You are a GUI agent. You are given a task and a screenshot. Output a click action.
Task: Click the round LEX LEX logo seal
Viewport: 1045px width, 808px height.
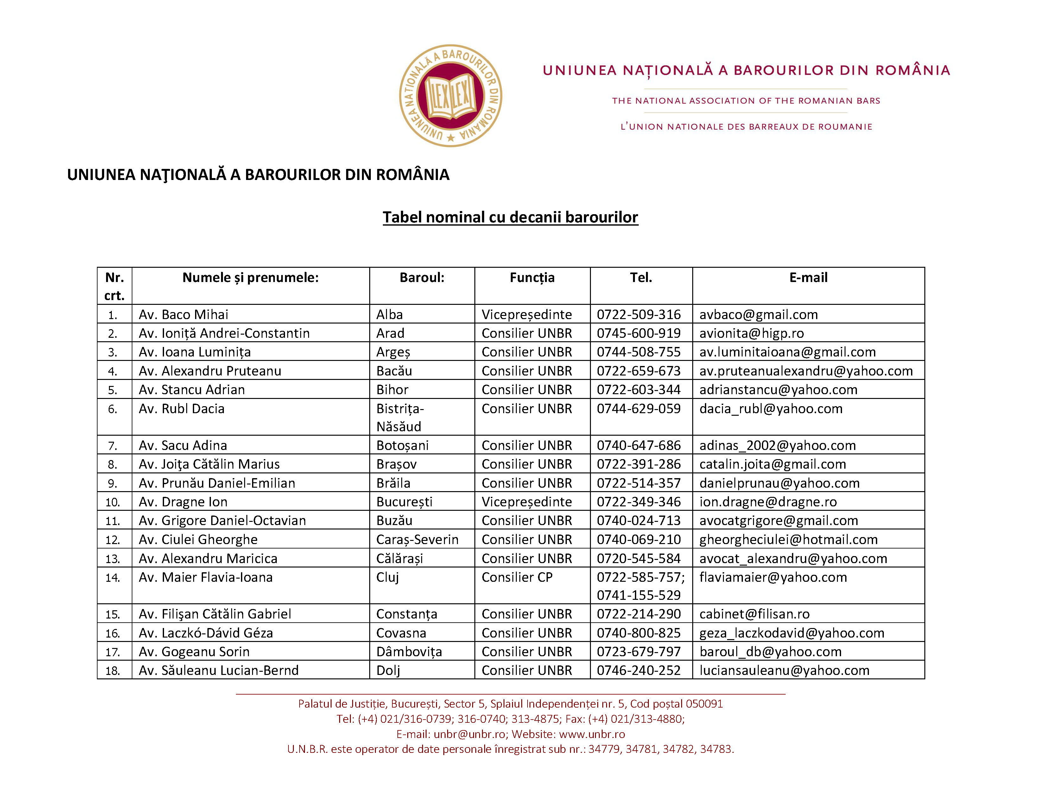tap(450, 96)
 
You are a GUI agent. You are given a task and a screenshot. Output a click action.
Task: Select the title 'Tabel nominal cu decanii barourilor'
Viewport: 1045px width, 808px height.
tap(510, 217)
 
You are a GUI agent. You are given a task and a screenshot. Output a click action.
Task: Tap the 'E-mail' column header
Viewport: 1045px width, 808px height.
tap(808, 278)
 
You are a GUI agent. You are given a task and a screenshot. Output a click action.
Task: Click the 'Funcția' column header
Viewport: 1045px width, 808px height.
tap(532, 278)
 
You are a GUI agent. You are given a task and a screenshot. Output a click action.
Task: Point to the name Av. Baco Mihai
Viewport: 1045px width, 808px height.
tap(183, 315)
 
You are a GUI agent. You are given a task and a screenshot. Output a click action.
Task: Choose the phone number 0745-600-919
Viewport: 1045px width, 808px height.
tap(638, 333)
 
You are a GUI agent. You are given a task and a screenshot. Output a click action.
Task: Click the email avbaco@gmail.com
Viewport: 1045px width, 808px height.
tap(758, 315)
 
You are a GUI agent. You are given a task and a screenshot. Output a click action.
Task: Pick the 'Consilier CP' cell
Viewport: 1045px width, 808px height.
tap(517, 577)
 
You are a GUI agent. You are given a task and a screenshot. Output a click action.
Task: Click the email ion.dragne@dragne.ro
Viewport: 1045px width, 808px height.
tap(768, 502)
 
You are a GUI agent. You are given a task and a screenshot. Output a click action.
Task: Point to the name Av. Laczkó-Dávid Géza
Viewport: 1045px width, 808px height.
tap(206, 633)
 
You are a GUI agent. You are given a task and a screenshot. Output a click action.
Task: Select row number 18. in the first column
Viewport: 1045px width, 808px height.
tap(112, 670)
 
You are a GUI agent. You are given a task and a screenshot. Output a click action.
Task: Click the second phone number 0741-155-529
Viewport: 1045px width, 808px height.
tap(638, 595)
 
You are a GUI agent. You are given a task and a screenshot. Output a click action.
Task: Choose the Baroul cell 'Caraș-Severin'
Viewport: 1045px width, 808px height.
tap(417, 540)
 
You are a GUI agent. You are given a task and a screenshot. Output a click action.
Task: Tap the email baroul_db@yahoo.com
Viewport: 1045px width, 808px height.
tap(770, 651)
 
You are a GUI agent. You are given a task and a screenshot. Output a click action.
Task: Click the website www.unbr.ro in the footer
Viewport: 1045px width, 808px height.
tap(592, 734)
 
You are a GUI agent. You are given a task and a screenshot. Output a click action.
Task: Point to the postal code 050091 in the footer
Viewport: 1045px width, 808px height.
tap(704, 704)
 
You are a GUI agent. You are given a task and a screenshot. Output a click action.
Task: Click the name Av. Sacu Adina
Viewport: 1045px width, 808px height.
tap(183, 445)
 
